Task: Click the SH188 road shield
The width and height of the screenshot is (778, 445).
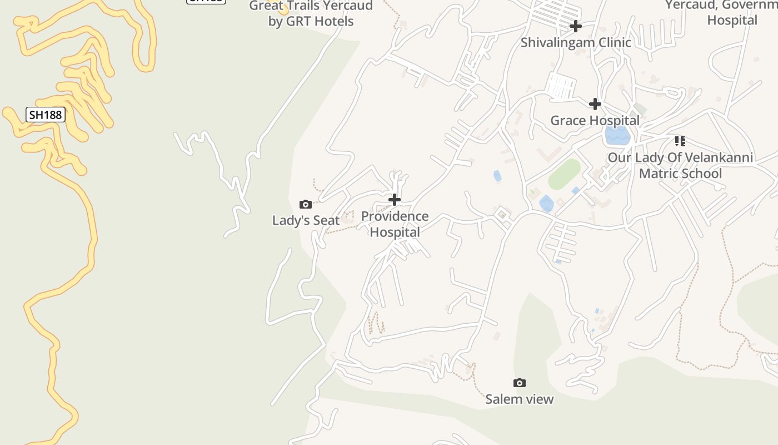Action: coord(46,115)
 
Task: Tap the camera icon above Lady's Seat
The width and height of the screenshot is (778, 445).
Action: coord(305,204)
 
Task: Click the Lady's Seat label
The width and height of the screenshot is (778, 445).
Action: coord(306,220)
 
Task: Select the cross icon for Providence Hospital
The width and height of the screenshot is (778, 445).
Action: coord(395,199)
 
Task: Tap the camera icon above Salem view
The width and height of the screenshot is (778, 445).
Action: coord(520,383)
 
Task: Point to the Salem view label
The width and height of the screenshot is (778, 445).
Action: coord(520,399)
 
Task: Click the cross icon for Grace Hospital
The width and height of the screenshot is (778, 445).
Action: coord(595,104)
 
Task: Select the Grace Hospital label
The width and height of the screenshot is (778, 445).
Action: coord(595,120)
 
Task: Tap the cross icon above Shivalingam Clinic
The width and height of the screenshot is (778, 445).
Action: coord(576,26)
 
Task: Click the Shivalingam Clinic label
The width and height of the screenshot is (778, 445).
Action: coord(576,42)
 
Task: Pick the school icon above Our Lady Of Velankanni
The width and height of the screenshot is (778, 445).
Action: coord(680,141)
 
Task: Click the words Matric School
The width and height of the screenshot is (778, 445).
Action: coord(680,173)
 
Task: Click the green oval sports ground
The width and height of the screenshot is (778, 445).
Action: coord(565,174)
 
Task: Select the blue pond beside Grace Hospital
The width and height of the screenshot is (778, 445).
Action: coord(617,135)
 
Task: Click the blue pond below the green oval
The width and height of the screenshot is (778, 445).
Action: coord(546,204)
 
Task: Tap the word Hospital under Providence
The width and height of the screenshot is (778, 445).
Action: coord(395,231)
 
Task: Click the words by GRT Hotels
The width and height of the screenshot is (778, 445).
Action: coord(311,21)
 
